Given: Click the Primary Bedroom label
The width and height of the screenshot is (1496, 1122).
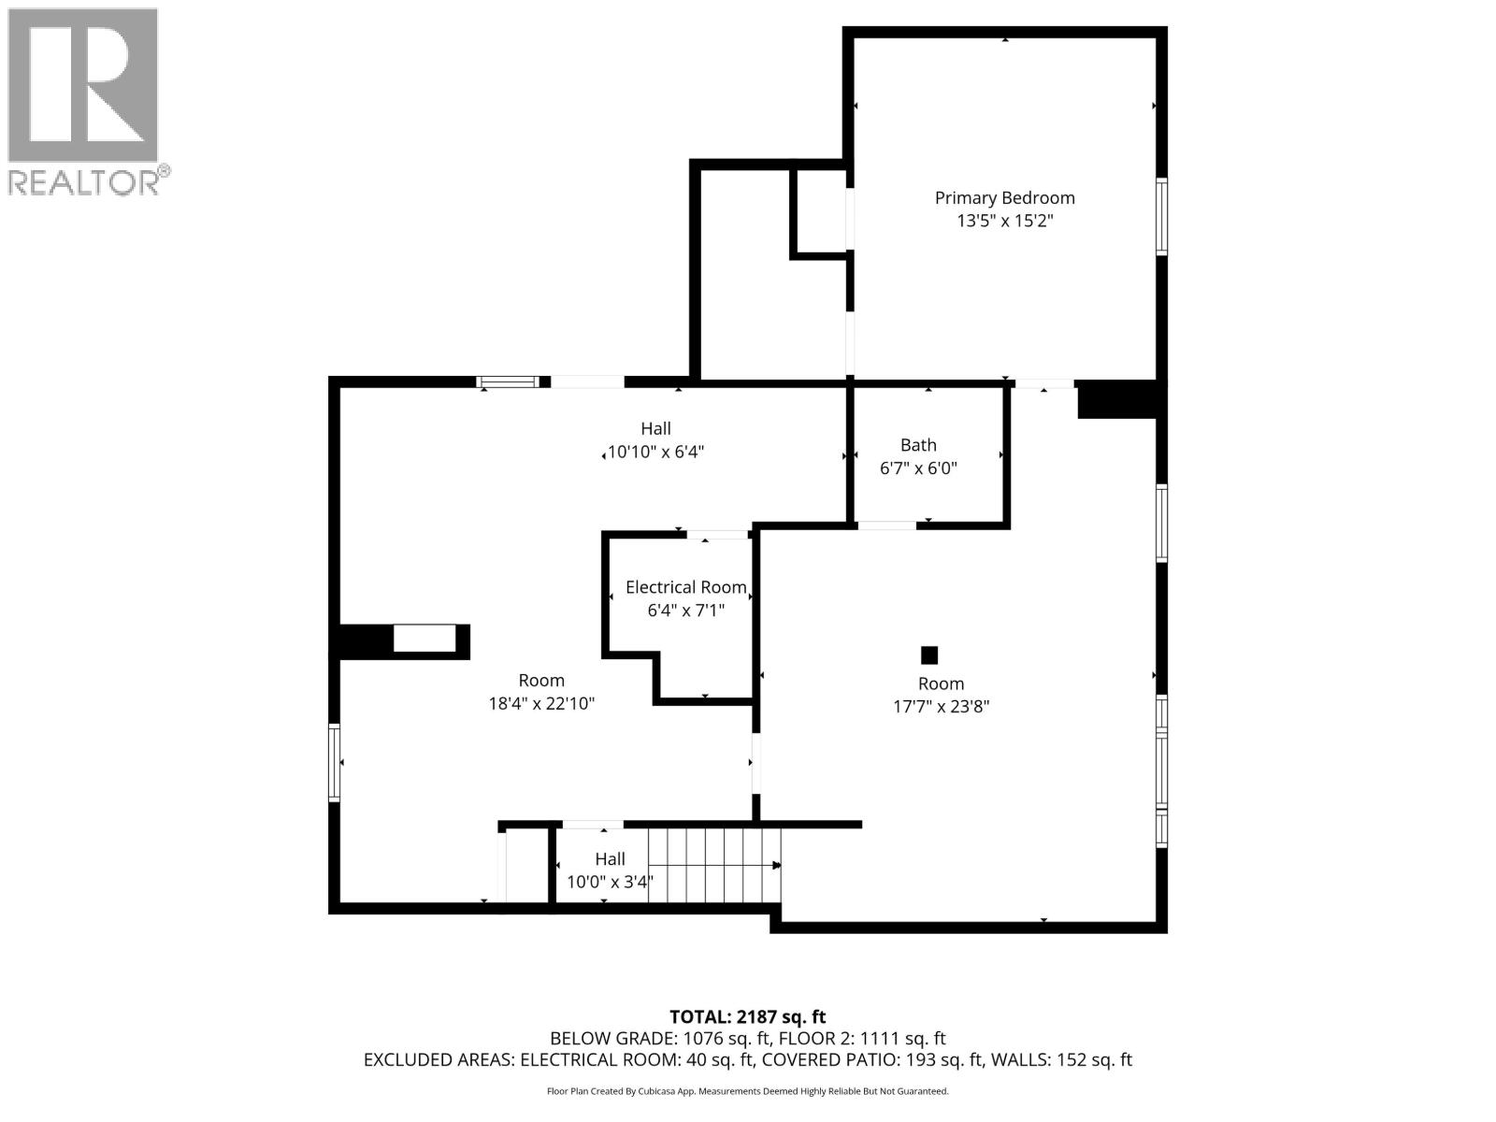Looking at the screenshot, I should coord(1004,197).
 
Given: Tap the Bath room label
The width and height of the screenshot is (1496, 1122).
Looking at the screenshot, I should coord(918,445).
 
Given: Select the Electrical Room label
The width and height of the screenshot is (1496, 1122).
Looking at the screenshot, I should coord(685,587).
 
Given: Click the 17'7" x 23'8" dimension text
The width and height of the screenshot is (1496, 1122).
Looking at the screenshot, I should coord(941,707).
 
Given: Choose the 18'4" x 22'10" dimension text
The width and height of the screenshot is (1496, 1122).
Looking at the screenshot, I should coord(541,704).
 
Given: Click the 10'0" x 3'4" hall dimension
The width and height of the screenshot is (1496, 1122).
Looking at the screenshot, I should coord(610,882).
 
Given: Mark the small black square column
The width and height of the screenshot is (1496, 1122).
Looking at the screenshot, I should coord(928,654).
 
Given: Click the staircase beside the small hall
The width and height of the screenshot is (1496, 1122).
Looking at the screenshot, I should coord(713,865).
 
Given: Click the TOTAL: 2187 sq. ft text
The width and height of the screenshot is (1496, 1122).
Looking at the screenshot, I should coord(747,1016).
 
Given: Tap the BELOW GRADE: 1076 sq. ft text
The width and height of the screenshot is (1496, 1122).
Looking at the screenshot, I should coord(659,1039).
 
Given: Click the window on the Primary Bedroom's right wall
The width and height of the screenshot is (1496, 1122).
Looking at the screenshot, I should coord(1161,217).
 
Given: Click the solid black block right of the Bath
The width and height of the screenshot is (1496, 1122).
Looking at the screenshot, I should coord(1117,399).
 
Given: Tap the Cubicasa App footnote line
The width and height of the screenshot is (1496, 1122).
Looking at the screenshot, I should coord(747,1091).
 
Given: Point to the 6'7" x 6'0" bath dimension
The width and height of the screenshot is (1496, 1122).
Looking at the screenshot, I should coord(918,468).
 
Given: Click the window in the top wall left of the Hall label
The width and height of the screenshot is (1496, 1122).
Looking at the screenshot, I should coord(508,381).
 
